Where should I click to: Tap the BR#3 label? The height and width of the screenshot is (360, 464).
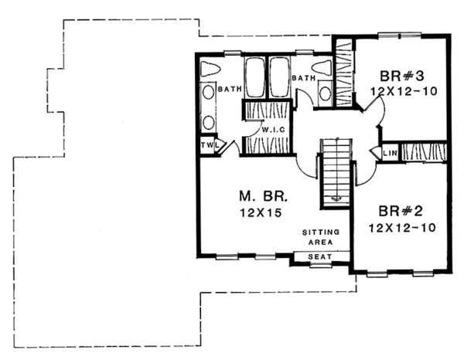pyautogui.click(x=400, y=76)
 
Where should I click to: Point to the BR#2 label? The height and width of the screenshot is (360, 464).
pyautogui.click(x=400, y=211)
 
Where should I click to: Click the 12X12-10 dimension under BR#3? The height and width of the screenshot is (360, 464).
pyautogui.click(x=400, y=91)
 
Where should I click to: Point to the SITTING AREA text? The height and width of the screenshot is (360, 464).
pyautogui.click(x=319, y=236)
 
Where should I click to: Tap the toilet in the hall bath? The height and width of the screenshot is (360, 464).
pyautogui.click(x=325, y=70)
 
